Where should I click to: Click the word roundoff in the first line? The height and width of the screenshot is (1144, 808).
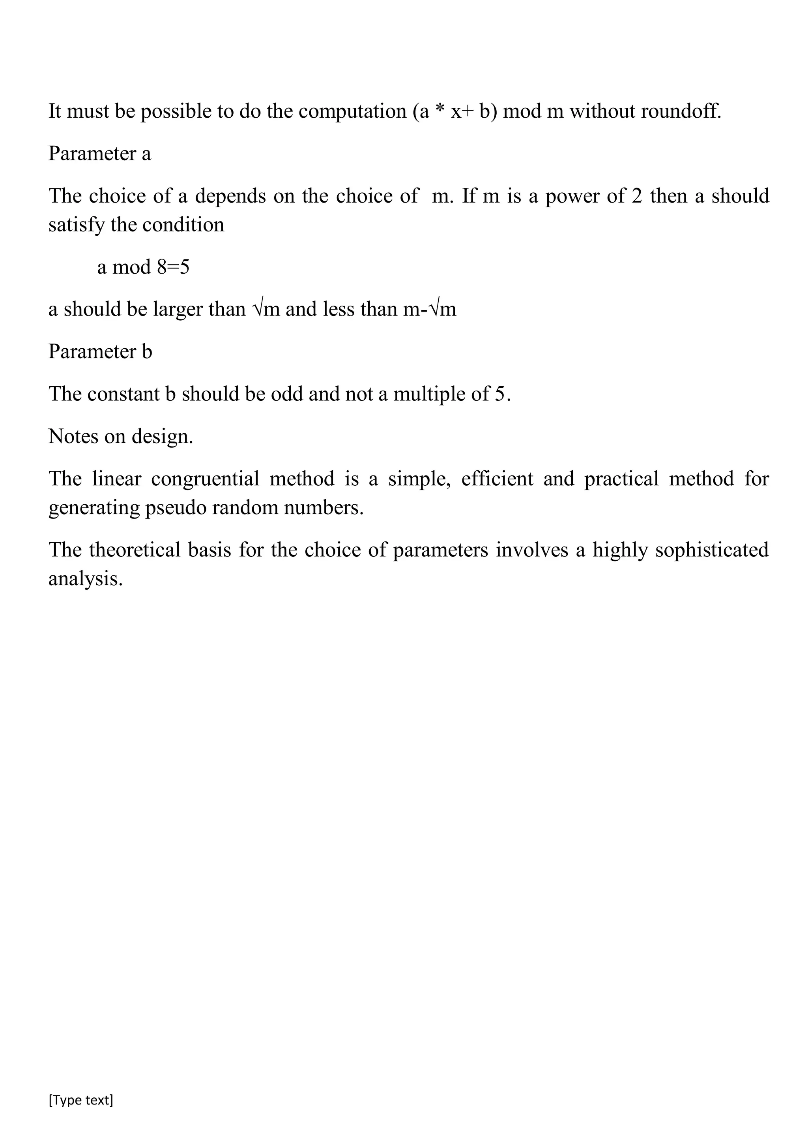(x=681, y=111)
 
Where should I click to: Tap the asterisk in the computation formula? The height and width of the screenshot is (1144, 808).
(x=439, y=110)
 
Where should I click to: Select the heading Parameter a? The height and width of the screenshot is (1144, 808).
(x=99, y=154)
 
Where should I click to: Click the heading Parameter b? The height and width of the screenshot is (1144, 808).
(x=100, y=352)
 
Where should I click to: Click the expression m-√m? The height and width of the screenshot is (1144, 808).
(x=429, y=310)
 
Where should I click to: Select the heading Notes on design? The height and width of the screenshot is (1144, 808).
(x=120, y=436)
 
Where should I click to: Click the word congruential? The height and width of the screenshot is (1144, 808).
(x=205, y=479)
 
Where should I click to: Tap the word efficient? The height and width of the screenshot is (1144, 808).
(x=497, y=479)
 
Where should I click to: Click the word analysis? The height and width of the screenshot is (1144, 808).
(x=85, y=579)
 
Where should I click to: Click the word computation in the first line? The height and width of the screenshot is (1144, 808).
(x=352, y=111)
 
